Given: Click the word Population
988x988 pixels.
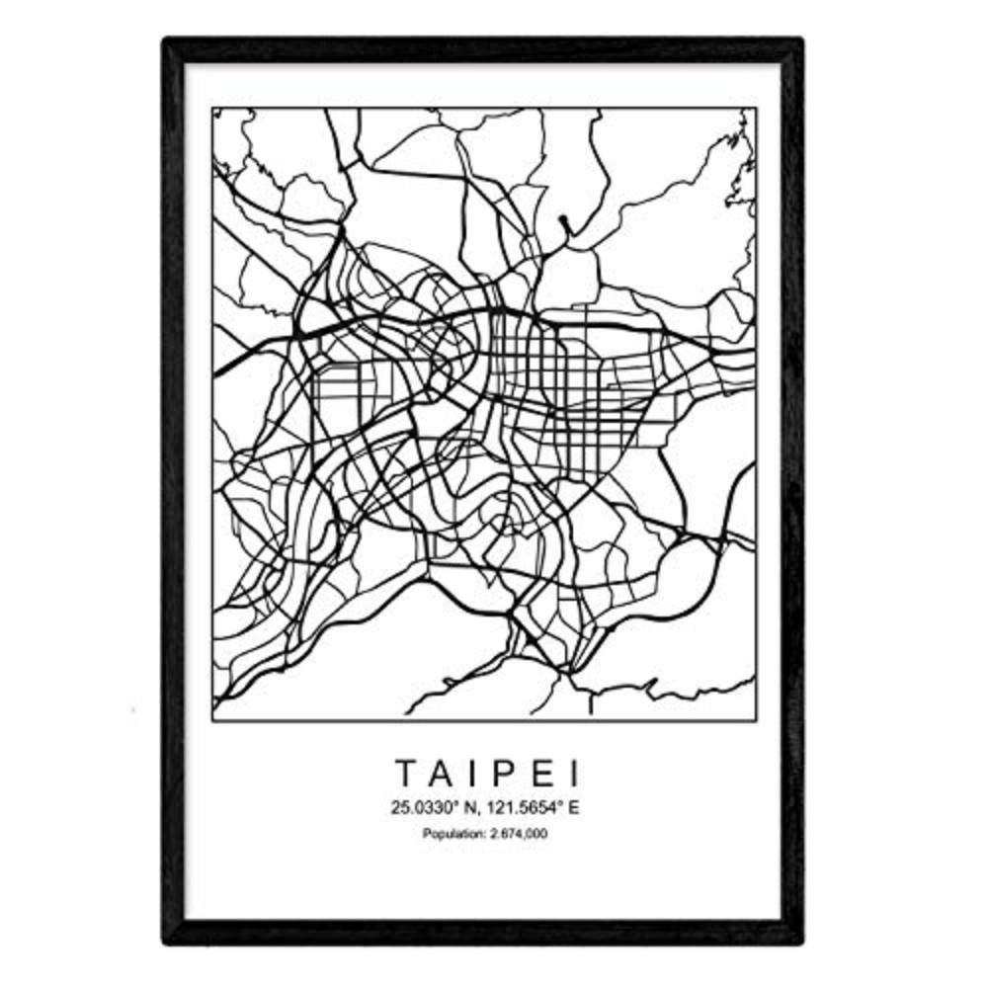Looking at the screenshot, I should [x=451, y=835].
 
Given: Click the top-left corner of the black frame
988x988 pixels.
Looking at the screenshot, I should [x=166, y=41].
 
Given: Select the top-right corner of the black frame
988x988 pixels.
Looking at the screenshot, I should [x=801, y=41].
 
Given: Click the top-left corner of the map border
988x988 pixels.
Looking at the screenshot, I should [x=212, y=108].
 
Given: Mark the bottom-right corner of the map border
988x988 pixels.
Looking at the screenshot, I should [x=757, y=720].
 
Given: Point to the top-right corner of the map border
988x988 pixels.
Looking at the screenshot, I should [x=757, y=108].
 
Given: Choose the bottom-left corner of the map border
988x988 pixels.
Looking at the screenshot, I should [x=212, y=720].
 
